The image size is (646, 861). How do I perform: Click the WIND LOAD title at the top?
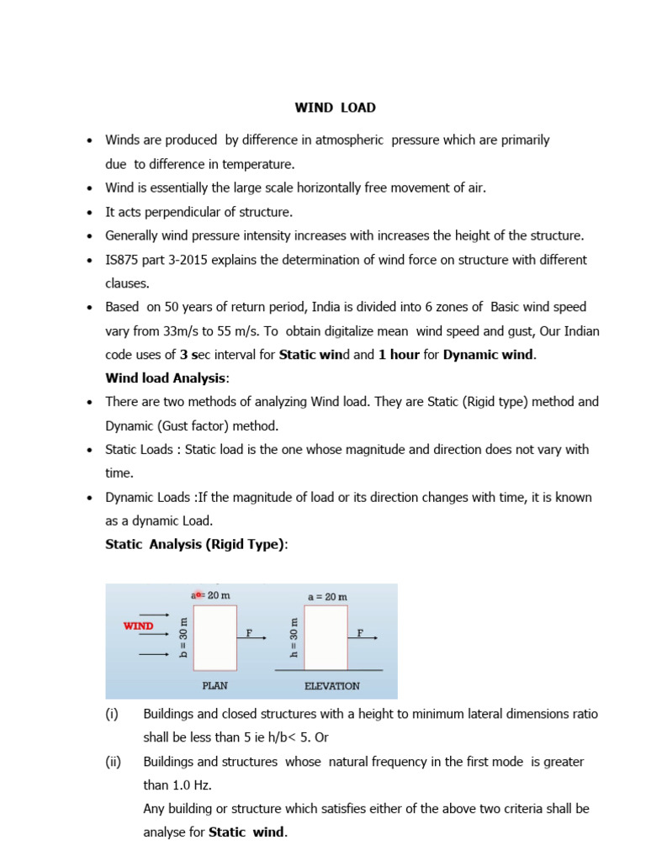click(335, 108)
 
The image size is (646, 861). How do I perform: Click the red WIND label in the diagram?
click(139, 626)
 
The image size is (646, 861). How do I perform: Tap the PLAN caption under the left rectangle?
click(214, 685)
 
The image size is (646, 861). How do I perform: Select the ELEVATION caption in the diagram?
click(331, 685)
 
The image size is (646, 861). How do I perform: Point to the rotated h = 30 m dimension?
click(294, 637)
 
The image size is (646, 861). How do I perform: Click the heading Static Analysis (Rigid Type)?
click(196, 544)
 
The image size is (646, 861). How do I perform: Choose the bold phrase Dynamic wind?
click(489, 354)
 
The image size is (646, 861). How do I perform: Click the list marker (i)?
click(112, 714)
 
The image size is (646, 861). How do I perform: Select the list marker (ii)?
click(114, 761)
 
